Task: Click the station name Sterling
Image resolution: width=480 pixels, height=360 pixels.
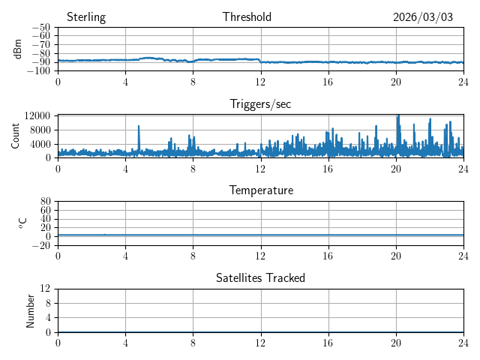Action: pyautogui.click(x=86, y=17)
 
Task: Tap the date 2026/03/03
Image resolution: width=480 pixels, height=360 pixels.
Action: pyautogui.click(x=423, y=17)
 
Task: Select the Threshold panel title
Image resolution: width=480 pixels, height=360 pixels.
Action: pyautogui.click(x=247, y=17)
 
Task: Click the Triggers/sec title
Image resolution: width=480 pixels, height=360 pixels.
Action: pyautogui.click(x=260, y=104)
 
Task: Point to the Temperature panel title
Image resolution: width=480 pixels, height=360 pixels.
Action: pyautogui.click(x=261, y=190)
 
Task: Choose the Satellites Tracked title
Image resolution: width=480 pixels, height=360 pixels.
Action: pyautogui.click(x=261, y=277)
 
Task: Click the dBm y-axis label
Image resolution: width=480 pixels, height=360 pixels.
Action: pyautogui.click(x=18, y=49)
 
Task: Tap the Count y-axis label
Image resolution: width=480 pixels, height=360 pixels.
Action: pyautogui.click(x=16, y=136)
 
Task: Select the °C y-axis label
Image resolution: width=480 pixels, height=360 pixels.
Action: pyautogui.click(x=22, y=223)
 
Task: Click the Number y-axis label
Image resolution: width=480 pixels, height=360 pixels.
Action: pyautogui.click(x=31, y=310)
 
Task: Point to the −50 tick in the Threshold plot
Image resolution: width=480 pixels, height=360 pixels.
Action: pyautogui.click(x=40, y=28)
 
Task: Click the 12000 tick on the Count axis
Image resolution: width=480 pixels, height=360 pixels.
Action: pyautogui.click(x=37, y=115)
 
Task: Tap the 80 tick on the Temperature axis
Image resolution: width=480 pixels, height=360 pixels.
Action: pyautogui.click(x=45, y=202)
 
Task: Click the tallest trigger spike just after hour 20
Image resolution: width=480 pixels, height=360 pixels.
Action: pyautogui.click(x=398, y=116)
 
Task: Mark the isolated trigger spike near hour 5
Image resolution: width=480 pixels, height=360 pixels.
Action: pyautogui.click(x=139, y=127)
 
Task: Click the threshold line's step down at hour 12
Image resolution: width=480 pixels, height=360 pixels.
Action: pyautogui.click(x=260, y=61)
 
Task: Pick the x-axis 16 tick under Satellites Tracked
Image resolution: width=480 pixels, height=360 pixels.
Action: pyautogui.click(x=328, y=342)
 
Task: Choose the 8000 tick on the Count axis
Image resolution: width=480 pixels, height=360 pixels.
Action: pyautogui.click(x=40, y=130)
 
